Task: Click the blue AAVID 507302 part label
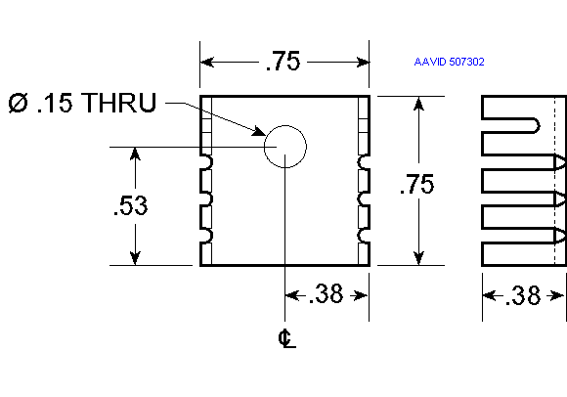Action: (x=449, y=62)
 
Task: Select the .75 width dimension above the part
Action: (x=283, y=61)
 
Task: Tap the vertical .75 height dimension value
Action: (x=416, y=184)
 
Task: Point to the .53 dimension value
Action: (x=130, y=205)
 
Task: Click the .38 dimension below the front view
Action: (x=326, y=293)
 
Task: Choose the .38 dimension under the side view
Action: (x=523, y=295)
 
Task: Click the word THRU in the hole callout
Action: (x=118, y=103)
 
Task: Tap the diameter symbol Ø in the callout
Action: (x=18, y=103)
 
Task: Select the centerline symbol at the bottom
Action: (x=287, y=338)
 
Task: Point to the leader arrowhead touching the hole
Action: (x=259, y=131)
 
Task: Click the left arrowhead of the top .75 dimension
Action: (x=207, y=62)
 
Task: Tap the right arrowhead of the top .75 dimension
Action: (x=363, y=63)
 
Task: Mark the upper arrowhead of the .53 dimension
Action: (x=135, y=154)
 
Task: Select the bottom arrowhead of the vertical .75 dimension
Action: (x=418, y=258)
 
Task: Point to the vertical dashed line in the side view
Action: (x=554, y=181)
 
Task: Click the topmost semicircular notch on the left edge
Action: (x=208, y=162)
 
